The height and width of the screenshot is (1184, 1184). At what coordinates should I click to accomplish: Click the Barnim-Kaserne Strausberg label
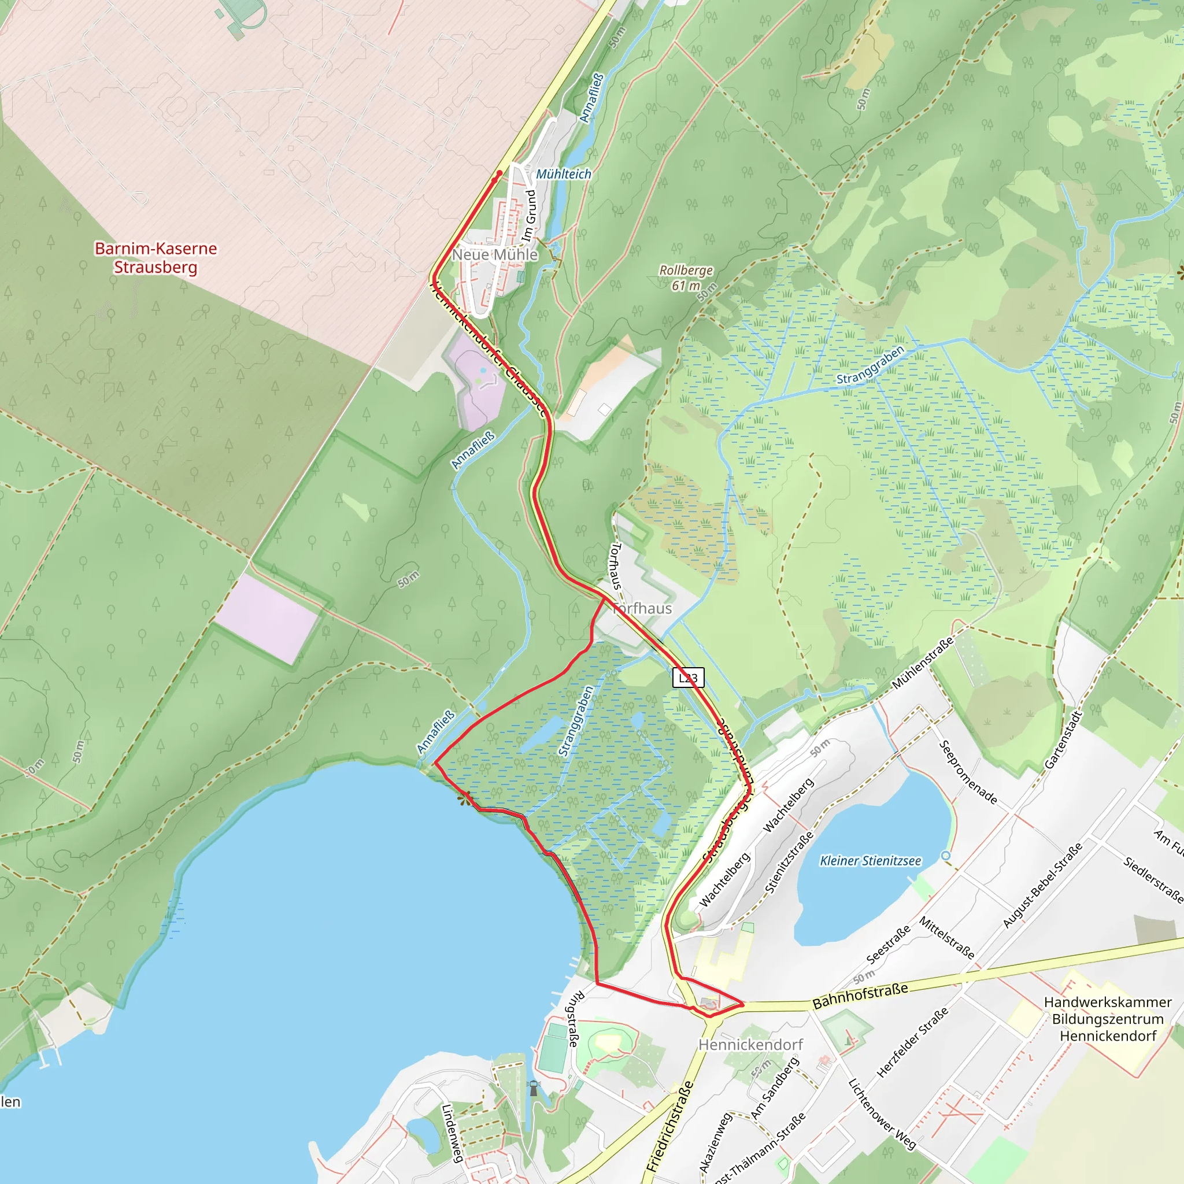[156, 257]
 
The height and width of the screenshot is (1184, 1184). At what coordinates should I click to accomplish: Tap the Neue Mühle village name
[495, 254]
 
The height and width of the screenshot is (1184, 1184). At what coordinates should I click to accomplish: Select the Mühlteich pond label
[564, 174]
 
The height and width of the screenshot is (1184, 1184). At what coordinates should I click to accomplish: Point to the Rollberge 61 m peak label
[686, 277]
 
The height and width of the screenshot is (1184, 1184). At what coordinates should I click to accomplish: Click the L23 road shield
[688, 678]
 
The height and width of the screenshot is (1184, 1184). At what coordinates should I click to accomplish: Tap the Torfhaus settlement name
[642, 609]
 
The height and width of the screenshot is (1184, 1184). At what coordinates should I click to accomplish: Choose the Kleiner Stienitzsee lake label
[870, 861]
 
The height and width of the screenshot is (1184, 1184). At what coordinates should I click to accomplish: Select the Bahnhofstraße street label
[860, 996]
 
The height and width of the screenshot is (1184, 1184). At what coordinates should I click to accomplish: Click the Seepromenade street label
[968, 772]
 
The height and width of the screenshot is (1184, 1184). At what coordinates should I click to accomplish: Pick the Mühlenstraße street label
[922, 663]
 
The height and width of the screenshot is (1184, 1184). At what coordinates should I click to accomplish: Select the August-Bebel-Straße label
[1042, 885]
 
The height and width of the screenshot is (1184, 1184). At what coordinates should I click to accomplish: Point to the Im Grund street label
[530, 215]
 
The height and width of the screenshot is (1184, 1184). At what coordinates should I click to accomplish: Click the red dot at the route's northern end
[499, 173]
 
